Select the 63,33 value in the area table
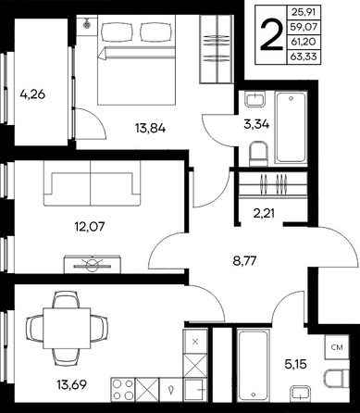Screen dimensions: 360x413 [304, 57]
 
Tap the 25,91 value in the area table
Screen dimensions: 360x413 [304, 13]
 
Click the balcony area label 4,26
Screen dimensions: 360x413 [32, 94]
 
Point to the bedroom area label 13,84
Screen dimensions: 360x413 [150, 128]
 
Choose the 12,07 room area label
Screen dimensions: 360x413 [90, 227]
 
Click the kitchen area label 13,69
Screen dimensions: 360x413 [71, 384]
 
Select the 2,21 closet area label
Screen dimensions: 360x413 [264, 213]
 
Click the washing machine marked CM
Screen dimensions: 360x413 [337, 347]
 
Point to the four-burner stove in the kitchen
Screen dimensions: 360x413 [123, 389]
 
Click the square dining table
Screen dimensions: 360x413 [67, 328]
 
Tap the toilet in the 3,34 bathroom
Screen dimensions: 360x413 [258, 154]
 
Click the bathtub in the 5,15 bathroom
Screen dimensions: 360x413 [253, 365]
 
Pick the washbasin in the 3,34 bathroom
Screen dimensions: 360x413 [255, 99]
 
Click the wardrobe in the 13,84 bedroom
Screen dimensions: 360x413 [216, 49]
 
